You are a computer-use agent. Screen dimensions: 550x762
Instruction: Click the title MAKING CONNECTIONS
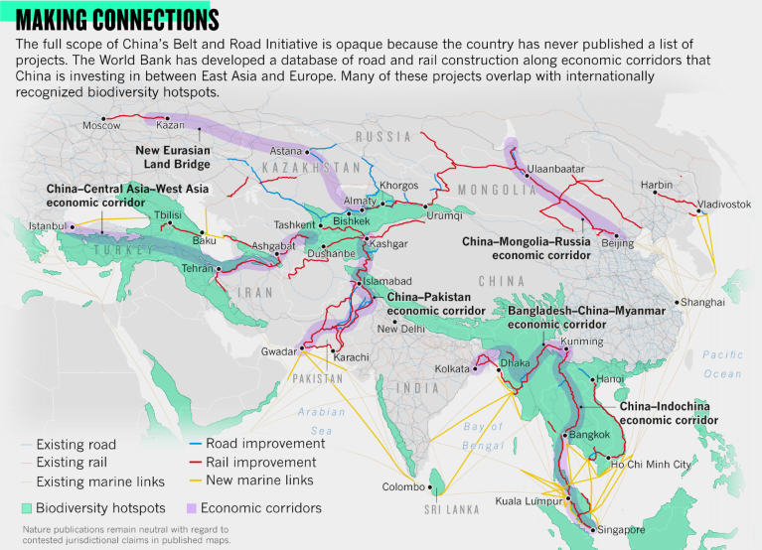pos(117,20)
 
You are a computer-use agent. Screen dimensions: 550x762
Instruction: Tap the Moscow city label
pos(101,126)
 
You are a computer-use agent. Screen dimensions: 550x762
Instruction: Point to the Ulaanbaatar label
pos(555,170)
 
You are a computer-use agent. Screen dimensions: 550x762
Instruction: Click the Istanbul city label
pos(46,226)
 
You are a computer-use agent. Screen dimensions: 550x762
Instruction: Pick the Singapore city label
pos(626,530)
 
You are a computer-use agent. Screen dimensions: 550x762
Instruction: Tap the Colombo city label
pos(402,487)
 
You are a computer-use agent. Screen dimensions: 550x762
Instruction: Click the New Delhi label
pos(400,329)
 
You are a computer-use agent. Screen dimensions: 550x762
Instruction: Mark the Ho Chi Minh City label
pos(651,465)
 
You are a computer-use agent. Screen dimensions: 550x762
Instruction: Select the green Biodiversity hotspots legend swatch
pos(27,507)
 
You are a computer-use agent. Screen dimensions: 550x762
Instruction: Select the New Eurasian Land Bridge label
pos(172,157)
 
